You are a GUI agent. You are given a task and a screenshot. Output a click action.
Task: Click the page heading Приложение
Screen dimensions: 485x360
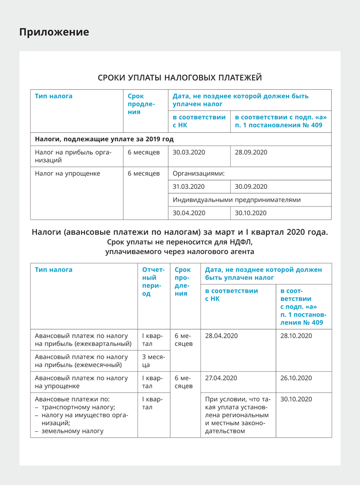[54, 32]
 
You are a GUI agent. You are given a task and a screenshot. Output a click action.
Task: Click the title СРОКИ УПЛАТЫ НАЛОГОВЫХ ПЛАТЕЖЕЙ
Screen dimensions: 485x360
[180, 78]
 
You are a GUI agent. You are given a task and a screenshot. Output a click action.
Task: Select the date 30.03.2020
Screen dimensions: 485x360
[189, 152]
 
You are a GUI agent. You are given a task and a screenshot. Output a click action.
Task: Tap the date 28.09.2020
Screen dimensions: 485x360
[251, 152]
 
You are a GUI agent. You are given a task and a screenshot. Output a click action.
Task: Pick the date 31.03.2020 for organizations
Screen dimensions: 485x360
[189, 186]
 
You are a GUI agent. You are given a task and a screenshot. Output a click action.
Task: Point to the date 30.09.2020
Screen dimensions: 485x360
[251, 186]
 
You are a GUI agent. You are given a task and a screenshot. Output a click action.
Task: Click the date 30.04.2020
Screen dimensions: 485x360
[189, 213]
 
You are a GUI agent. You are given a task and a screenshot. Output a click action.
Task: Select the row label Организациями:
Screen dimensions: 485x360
[199, 173]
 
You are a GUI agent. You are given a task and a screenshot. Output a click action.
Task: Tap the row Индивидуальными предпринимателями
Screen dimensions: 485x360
[237, 200]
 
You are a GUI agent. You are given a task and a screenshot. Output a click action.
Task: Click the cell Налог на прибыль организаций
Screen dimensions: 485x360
[73, 156]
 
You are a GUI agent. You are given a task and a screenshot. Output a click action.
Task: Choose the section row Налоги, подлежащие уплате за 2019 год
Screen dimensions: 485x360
[104, 139]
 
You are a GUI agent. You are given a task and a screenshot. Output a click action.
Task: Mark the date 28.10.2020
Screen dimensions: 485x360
[296, 336]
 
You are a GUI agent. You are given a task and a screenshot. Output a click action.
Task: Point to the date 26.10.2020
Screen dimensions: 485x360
[296, 378]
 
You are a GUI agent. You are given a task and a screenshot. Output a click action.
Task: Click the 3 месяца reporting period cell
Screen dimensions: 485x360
[153, 361]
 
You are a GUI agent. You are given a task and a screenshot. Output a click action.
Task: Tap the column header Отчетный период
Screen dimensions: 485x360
[153, 282]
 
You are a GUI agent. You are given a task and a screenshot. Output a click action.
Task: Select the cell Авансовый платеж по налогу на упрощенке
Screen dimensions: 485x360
[81, 382]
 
